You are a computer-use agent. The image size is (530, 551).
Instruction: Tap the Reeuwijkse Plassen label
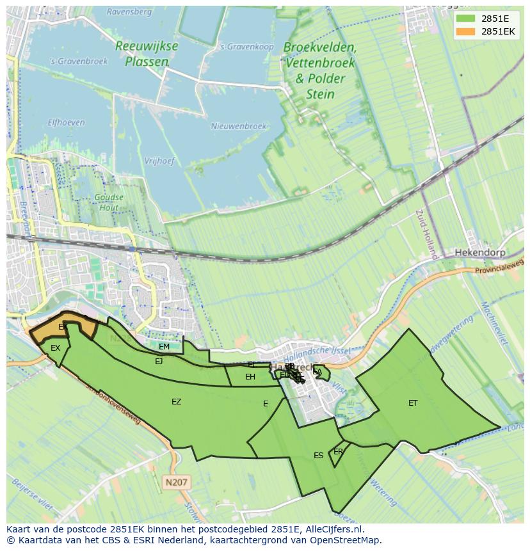pyautogui.click(x=147, y=54)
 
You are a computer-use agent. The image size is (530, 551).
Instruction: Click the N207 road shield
pyautogui.click(x=177, y=482)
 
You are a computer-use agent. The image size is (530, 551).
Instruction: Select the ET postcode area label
pyautogui.click(x=413, y=403)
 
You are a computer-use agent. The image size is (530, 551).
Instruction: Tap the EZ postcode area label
pyautogui.click(x=176, y=402)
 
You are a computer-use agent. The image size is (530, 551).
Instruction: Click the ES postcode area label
pyautogui.click(x=318, y=456)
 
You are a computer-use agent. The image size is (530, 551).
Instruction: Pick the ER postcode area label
pyautogui.click(x=338, y=452)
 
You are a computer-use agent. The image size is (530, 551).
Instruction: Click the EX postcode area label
pyautogui.click(x=55, y=348)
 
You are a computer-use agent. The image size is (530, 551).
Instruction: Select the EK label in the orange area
pyautogui.click(x=63, y=327)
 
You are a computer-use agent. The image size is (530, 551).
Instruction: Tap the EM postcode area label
pyautogui.click(x=164, y=347)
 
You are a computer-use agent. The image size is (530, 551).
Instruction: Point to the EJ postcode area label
pyautogui.click(x=159, y=361)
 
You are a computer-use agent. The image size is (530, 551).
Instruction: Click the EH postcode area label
pyautogui.click(x=250, y=377)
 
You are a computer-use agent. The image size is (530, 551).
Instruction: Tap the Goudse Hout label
pyautogui.click(x=109, y=202)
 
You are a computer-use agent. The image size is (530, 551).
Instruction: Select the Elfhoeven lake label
pyautogui.click(x=66, y=122)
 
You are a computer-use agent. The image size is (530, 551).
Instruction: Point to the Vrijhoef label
pyautogui.click(x=159, y=161)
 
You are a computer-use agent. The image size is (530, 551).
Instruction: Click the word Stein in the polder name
pyautogui.click(x=320, y=94)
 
